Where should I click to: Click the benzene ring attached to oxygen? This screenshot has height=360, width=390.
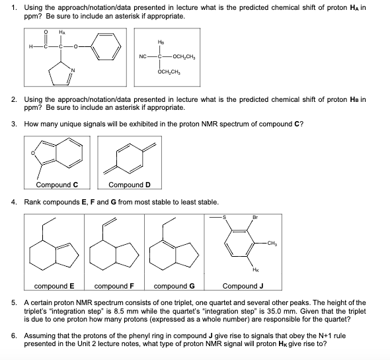pos(106,46)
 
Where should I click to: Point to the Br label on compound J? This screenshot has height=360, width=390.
pos(255,217)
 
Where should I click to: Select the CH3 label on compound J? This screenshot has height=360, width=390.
pos(277,244)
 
